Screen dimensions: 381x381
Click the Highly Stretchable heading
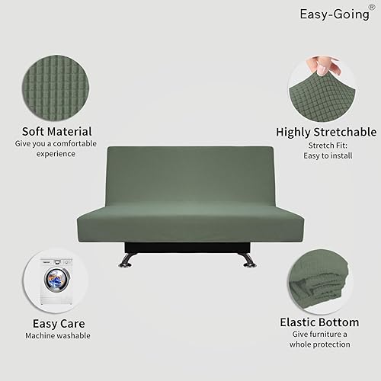pyautogui.click(x=325, y=130)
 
